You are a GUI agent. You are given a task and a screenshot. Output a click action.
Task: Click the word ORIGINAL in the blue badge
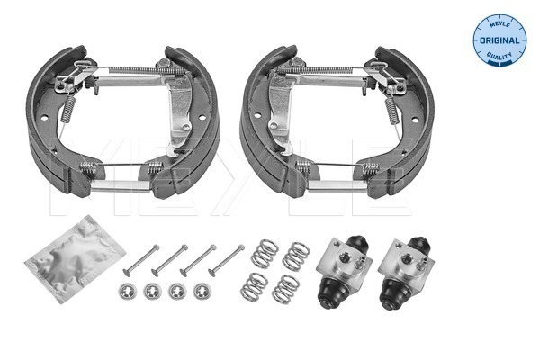click(499, 40)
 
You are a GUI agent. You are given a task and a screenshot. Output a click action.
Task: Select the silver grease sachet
click(75, 258)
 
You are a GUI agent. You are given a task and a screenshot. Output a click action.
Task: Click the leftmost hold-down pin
click(141, 260)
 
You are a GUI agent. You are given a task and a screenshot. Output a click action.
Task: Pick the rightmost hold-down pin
click(226, 260)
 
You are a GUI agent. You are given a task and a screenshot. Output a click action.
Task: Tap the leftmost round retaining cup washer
click(128, 292)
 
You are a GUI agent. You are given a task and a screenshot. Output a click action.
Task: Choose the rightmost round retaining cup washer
click(202, 292)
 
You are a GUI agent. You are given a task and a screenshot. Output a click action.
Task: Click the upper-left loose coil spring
click(265, 253)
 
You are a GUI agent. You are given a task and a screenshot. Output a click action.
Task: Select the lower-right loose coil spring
click(285, 289)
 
